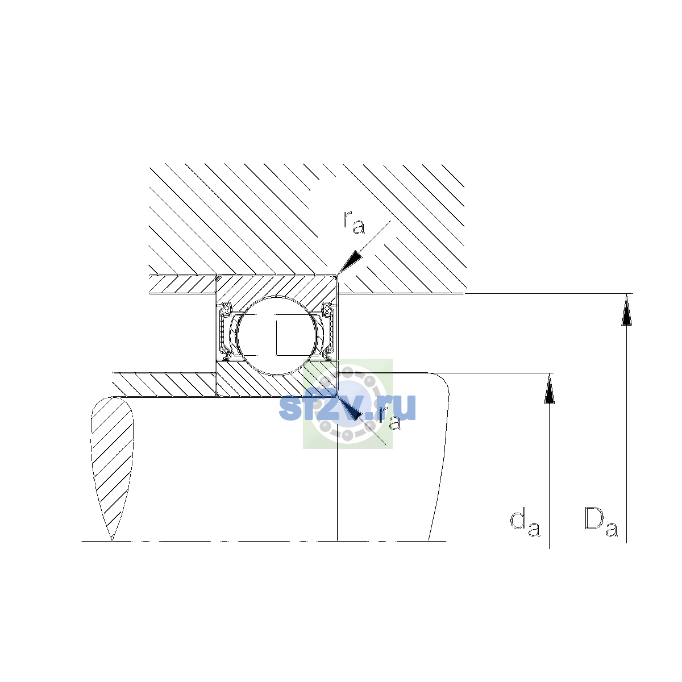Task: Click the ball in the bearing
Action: pos(277,335)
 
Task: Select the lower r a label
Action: pos(390,418)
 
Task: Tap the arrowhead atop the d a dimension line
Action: pos(549,388)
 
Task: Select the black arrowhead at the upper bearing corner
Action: pos(350,262)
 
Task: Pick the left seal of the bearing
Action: pos(225,331)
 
